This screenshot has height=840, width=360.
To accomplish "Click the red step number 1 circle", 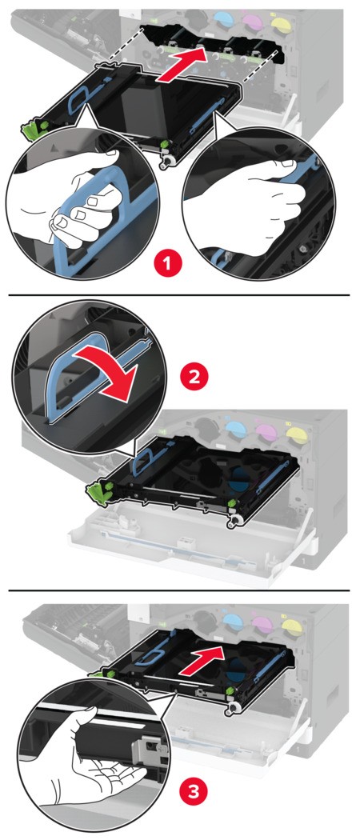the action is [x=169, y=264].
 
